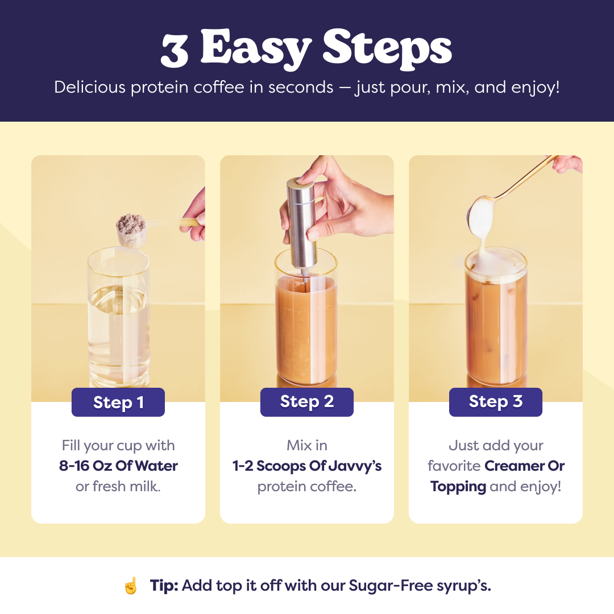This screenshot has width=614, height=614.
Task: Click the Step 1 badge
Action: [x=118, y=402]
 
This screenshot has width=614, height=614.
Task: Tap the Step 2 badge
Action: [x=307, y=402]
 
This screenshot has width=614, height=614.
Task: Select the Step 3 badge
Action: [x=496, y=402]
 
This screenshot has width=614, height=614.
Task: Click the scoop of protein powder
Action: [x=131, y=230]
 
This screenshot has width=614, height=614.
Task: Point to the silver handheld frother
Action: [x=301, y=226]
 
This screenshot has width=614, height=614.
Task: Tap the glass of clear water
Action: [x=119, y=317]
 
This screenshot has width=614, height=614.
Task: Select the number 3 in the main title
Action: [x=175, y=50]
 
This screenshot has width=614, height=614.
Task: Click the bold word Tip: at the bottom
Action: [x=164, y=586]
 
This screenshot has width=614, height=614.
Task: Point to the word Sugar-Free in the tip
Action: [x=390, y=586]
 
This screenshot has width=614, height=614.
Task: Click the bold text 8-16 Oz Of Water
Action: [x=118, y=466]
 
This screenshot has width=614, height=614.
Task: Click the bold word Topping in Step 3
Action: [x=458, y=487]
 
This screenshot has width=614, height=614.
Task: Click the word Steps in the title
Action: [x=387, y=49]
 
